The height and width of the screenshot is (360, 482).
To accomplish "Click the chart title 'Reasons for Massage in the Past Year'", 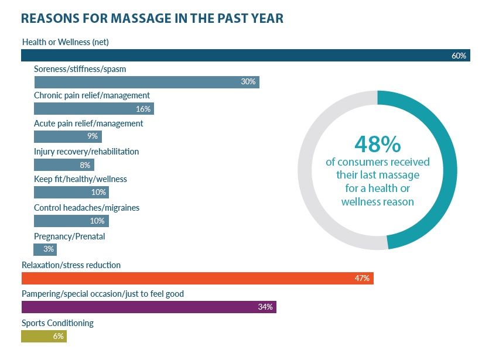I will (x=152, y=18).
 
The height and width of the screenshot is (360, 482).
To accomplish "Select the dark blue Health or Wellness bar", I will (x=234, y=56).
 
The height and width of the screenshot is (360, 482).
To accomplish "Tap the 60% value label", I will (x=459, y=56).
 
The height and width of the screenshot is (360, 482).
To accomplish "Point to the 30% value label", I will (x=248, y=82).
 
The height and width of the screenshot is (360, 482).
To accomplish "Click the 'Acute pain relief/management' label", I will (x=88, y=124).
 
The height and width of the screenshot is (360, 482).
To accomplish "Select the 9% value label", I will (x=92, y=137).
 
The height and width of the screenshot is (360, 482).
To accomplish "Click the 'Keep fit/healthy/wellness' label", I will (x=80, y=179).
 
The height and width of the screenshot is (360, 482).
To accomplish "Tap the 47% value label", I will (x=362, y=278).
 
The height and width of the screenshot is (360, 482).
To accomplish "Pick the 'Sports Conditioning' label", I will (x=57, y=323).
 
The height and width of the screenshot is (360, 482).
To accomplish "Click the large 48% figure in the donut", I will (x=377, y=143).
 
